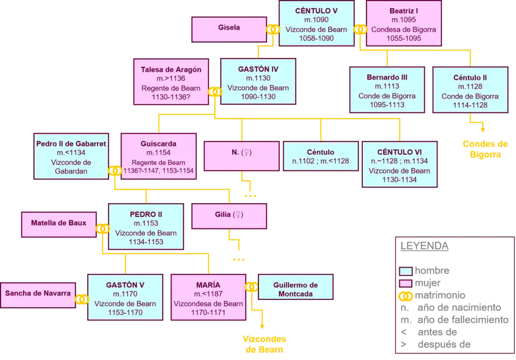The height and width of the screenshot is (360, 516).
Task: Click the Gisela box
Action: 229,28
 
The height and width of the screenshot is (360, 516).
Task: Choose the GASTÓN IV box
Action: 258,82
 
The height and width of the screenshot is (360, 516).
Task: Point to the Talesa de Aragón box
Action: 171,83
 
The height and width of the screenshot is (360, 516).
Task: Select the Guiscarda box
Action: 158,157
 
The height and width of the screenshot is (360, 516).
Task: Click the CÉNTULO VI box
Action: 399,164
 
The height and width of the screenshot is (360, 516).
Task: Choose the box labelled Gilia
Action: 230,215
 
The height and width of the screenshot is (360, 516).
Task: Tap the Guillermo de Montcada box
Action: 296,289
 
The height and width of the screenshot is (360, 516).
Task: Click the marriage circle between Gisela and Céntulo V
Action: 273,29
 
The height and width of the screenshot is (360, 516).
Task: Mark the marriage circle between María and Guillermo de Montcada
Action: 252,287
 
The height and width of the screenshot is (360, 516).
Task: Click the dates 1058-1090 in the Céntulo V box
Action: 317,39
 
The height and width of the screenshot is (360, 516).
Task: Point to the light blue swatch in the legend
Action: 406,271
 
